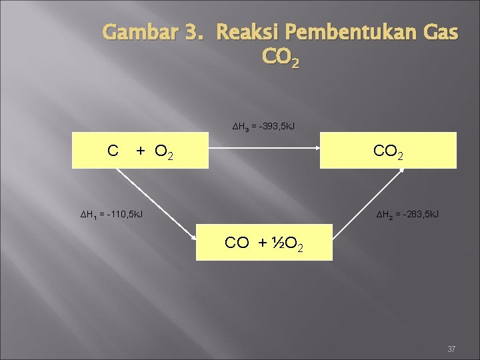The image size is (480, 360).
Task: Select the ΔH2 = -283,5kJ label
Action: point(407,214)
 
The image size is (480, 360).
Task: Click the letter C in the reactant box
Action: point(113,151)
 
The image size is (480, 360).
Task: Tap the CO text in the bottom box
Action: point(237,243)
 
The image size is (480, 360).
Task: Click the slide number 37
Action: point(451,349)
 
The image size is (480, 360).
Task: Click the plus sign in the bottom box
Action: point(261,243)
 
